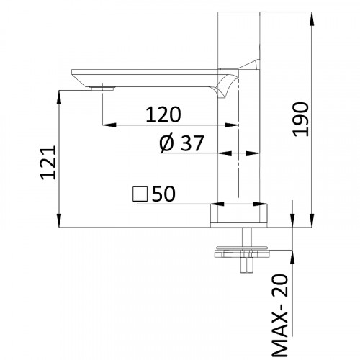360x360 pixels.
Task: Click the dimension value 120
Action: coord(164,114)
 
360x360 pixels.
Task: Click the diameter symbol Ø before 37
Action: coord(165,144)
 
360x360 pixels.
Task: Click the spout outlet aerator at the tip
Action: coord(103,88)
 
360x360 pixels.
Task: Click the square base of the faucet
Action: coord(239,215)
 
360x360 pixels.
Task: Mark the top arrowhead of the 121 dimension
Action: coord(58,93)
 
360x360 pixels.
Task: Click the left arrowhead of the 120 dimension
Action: coord(108,126)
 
